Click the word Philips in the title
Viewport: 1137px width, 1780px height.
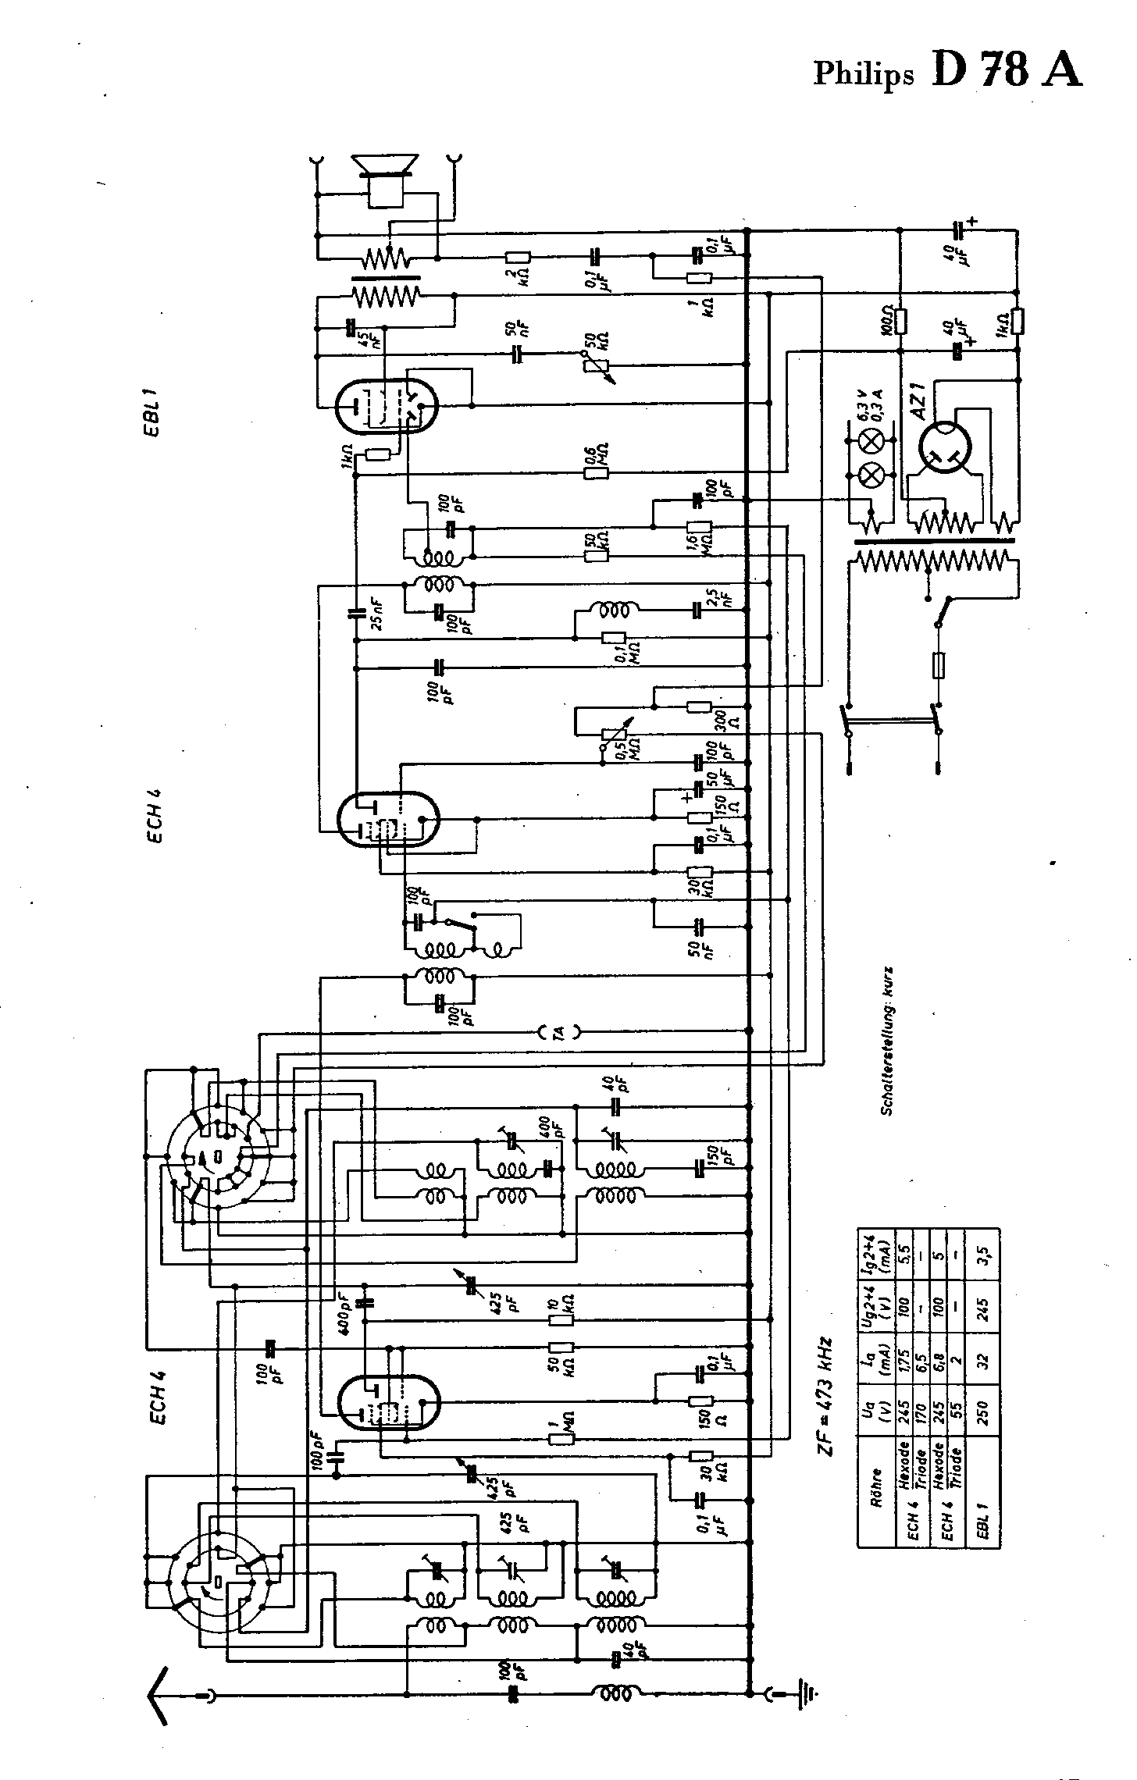coord(863,73)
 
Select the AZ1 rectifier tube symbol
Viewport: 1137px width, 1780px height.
coord(944,448)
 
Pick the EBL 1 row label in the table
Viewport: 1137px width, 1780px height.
coord(982,1520)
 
